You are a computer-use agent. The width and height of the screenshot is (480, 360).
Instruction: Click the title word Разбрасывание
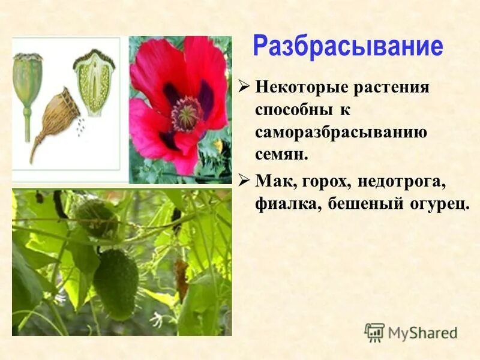point(347,47)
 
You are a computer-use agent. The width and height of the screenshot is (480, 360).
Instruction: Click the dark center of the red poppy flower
point(187,112)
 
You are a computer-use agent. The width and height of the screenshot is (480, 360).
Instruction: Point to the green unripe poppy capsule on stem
point(27,84)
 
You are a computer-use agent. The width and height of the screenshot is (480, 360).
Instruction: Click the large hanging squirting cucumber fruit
point(115,283)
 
